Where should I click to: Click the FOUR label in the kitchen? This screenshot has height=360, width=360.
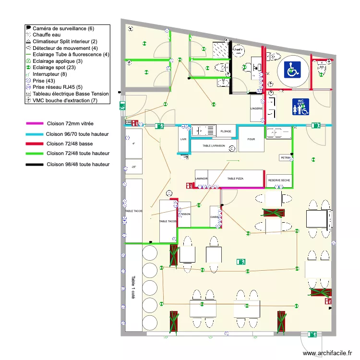coord(251,139)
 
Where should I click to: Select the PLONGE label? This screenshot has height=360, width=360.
coord(226,131)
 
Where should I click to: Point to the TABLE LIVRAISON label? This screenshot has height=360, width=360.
coord(214,145)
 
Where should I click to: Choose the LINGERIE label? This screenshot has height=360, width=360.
coord(256,108)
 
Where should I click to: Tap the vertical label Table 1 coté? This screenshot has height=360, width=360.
coord(133,287)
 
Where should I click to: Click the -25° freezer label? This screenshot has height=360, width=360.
coord(133,167)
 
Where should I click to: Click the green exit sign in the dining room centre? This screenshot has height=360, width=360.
coord(240,262)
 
